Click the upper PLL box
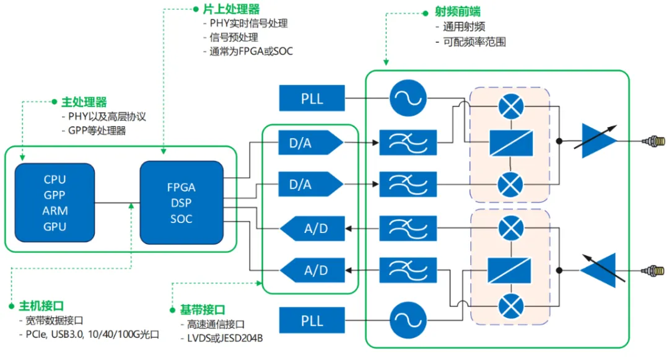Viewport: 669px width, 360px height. click(312, 99)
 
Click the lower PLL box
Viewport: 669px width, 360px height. click(312, 320)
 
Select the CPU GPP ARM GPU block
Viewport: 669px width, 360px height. click(55, 203)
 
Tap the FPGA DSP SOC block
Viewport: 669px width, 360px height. click(181, 203)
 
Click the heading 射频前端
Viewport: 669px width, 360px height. click(458, 12)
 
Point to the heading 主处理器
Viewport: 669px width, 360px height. click(84, 102)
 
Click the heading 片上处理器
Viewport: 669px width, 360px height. click(230, 9)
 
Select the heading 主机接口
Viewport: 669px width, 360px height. click(42, 305)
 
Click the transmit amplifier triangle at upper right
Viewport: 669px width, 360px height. click(598, 141)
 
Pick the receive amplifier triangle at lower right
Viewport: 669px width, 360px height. click(597, 270)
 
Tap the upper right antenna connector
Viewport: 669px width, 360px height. click(654, 141)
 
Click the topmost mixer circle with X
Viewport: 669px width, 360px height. click(510, 107)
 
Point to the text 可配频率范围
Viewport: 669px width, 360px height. click(474, 42)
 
